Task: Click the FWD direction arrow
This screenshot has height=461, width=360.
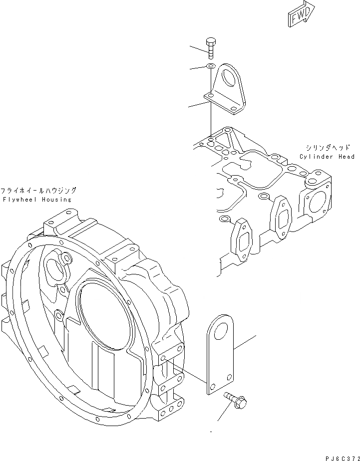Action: (301, 12)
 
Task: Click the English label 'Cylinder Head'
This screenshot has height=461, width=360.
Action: (327, 157)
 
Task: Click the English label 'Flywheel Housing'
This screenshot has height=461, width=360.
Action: (36, 200)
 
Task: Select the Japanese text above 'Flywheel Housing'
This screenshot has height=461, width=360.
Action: (38, 191)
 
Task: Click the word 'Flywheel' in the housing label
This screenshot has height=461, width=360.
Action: (19, 200)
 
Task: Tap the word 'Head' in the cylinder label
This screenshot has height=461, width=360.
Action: (347, 157)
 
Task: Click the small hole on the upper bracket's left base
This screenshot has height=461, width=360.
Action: (211, 95)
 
